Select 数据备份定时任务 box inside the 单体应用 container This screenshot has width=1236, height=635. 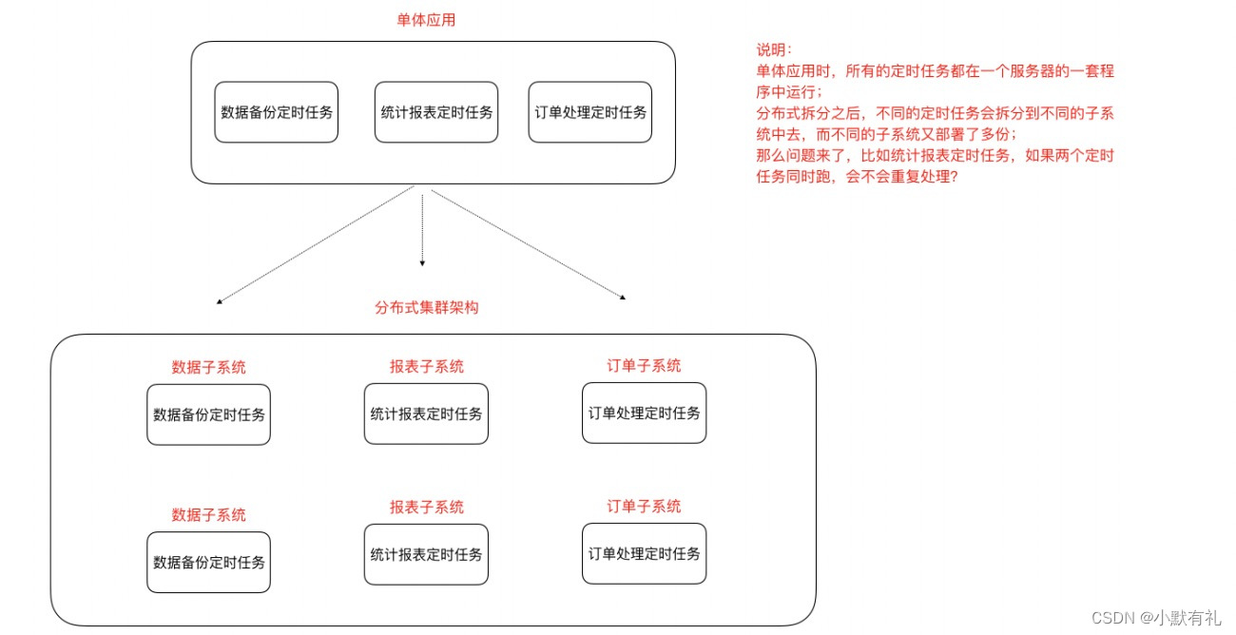tap(276, 113)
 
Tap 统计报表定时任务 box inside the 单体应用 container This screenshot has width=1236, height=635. tap(435, 113)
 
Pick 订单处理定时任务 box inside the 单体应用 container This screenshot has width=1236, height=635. tap(589, 113)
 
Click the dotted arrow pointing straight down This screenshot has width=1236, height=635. tap(421, 228)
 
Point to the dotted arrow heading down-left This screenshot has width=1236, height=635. tap(314, 245)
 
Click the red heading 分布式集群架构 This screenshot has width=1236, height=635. tap(427, 308)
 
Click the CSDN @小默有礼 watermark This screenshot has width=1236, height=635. tap(1155, 617)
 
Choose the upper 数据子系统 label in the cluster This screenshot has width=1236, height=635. tap(208, 367)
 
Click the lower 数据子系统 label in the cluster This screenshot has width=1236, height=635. tap(208, 514)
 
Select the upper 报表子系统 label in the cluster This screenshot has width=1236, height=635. tap(426, 366)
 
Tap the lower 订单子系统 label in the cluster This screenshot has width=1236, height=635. tap(644, 506)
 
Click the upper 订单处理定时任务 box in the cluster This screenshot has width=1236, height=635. tap(644, 413)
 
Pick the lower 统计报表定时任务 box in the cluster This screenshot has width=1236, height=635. tap(426, 554)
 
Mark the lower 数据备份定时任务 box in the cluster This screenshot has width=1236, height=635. tap(208, 561)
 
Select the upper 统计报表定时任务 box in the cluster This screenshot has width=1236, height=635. tap(426, 414)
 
